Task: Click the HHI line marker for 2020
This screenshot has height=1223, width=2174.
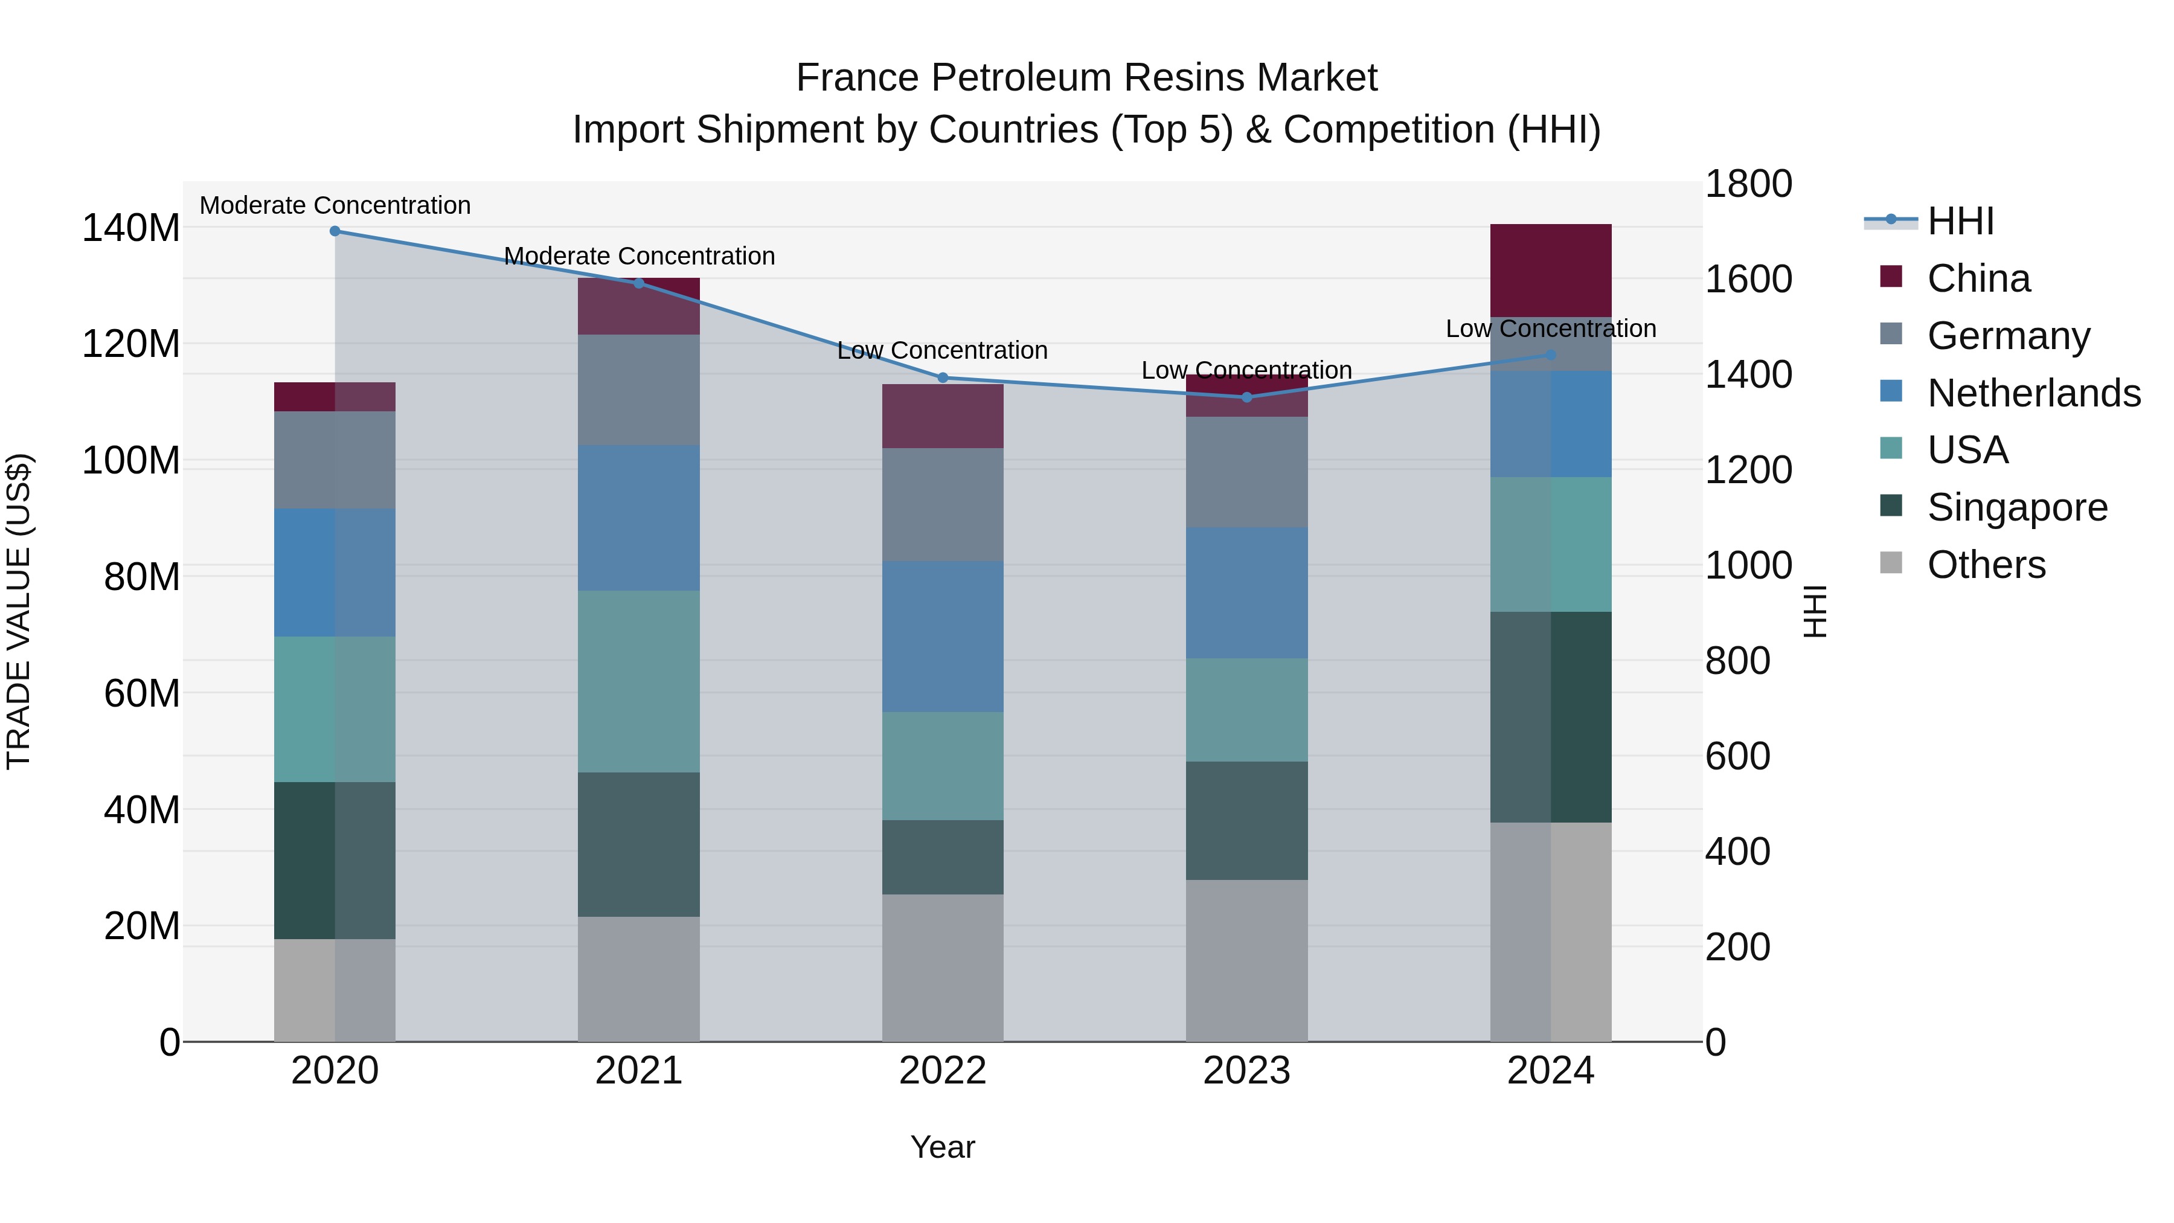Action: tap(335, 231)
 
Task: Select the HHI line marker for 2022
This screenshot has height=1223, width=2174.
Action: tap(943, 377)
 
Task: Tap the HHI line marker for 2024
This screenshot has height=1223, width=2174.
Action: tap(1550, 355)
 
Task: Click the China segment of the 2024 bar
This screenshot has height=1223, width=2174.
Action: tap(1550, 270)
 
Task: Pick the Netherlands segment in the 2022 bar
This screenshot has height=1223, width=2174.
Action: tap(943, 637)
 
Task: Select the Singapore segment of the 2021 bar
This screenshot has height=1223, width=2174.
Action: tap(639, 844)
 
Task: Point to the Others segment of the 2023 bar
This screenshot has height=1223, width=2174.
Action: tap(1246, 960)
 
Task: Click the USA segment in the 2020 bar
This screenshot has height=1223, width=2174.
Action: tap(335, 709)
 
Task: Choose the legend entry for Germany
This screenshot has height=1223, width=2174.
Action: tap(2008, 336)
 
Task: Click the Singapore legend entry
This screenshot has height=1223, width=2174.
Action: tap(2016, 507)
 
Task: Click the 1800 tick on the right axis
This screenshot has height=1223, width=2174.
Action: tap(1749, 184)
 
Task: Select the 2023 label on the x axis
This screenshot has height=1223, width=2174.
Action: tap(1246, 1071)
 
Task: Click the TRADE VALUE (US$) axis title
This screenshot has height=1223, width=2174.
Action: tap(19, 611)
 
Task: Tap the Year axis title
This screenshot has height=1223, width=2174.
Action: tap(943, 1147)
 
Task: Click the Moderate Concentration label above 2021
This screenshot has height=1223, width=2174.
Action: tap(639, 255)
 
